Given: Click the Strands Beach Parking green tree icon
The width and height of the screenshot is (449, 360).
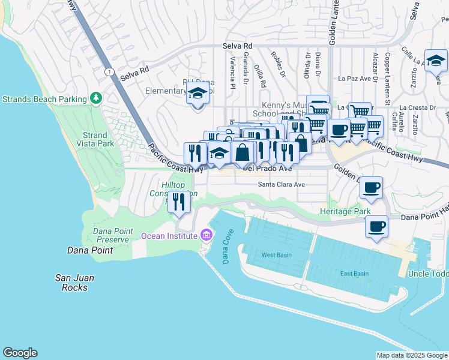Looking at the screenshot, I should [x=95, y=98].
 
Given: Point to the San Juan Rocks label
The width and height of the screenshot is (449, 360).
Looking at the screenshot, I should [x=71, y=282].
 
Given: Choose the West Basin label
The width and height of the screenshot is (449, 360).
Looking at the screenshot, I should [x=277, y=255].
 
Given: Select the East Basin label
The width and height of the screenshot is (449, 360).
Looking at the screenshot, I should [x=354, y=274].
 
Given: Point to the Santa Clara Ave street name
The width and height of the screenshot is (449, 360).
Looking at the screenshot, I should [x=282, y=185].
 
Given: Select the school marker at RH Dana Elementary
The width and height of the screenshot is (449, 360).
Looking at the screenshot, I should [x=196, y=94].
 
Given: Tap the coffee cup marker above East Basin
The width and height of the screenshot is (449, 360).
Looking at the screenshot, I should [x=376, y=227].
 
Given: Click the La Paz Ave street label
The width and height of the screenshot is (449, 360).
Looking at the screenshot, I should [x=354, y=78].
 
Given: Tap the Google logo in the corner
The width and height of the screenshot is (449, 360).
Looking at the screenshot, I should [x=20, y=353].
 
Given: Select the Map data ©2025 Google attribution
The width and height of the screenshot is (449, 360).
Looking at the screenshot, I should [x=412, y=355].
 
